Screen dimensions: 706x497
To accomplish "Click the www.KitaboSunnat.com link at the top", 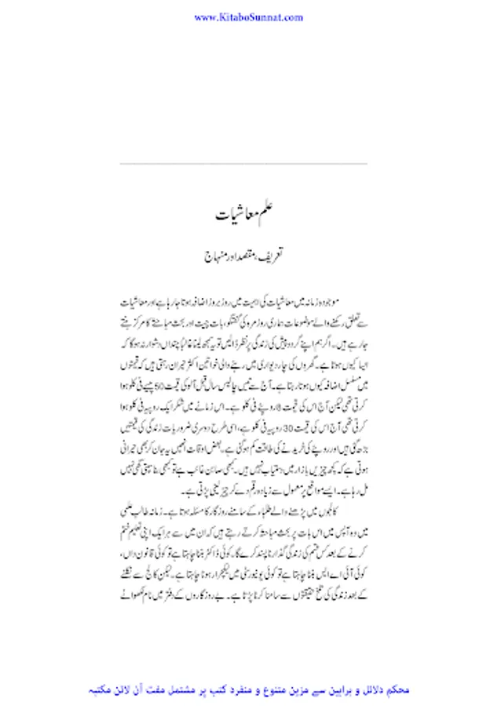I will pos(248,16).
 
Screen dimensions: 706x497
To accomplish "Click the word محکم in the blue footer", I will pos(400,690).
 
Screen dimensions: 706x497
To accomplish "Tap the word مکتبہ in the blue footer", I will pos(111,690).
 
